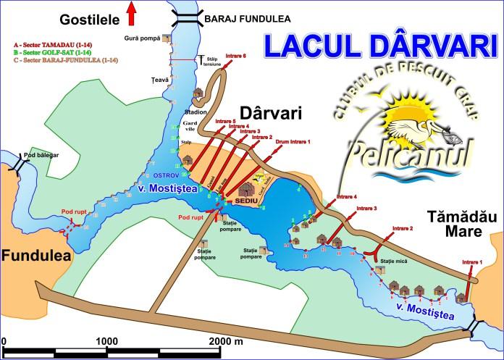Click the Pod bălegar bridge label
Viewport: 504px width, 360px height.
(40, 156)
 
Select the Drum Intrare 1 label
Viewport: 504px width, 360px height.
(293, 142)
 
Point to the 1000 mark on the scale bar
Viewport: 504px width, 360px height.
(107, 340)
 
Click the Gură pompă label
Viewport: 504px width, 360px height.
(142, 38)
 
